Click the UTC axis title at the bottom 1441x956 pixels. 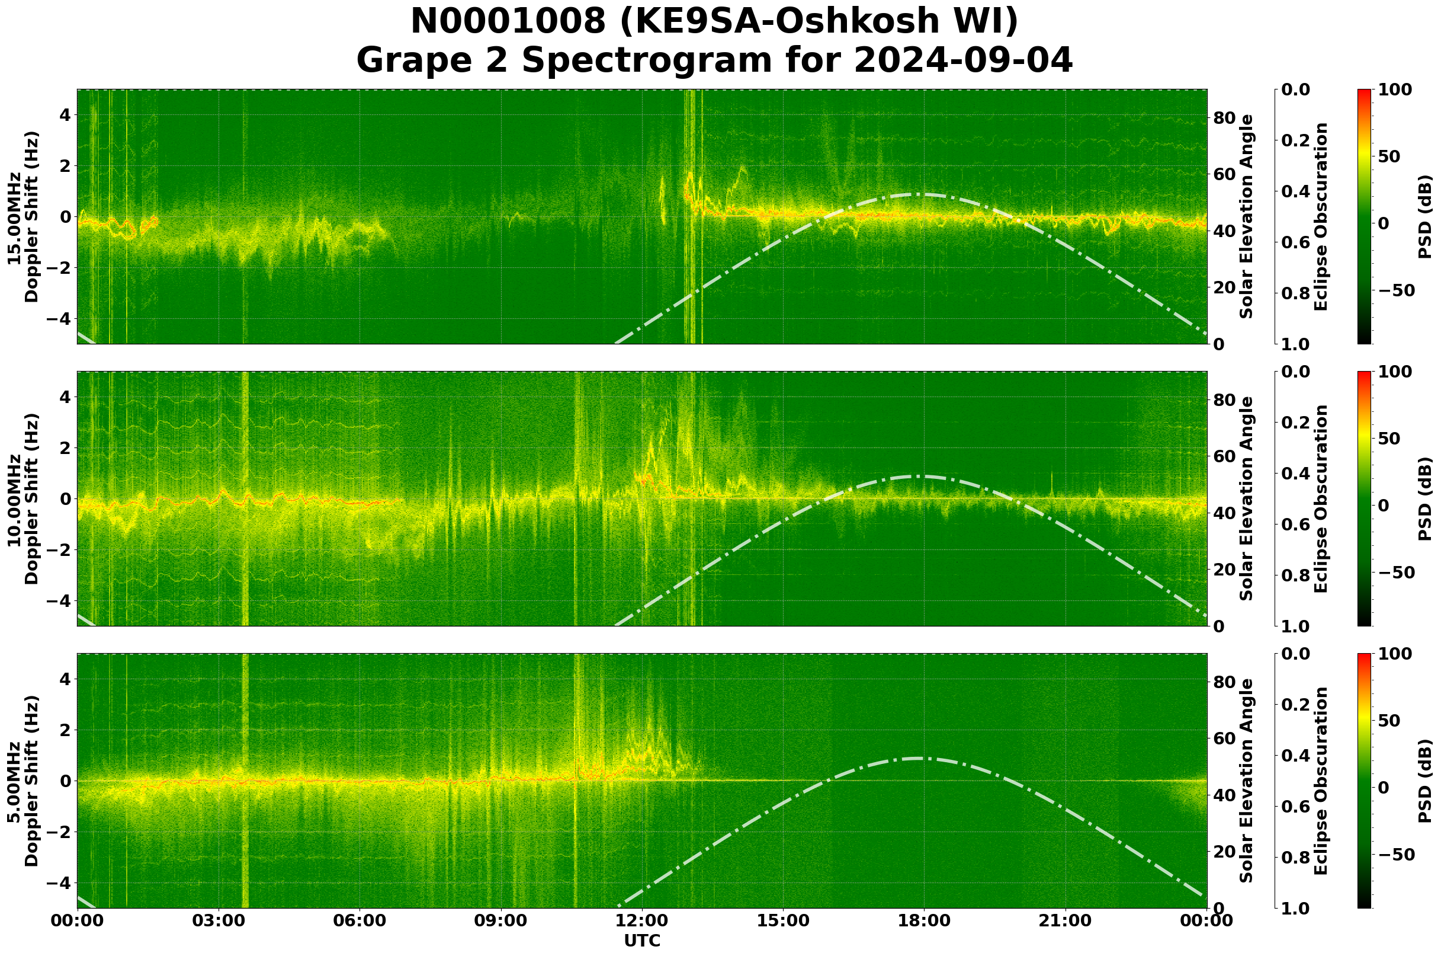642,941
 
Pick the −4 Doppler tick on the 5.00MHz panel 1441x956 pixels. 57,884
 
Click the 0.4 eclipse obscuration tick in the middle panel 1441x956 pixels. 1297,474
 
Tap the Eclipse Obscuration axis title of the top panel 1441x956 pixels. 1320,217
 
